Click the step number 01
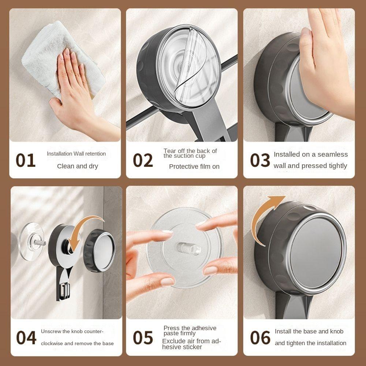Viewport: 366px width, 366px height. (x=26, y=160)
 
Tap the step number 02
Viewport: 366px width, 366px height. (x=143, y=160)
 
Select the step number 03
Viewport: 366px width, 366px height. (x=260, y=160)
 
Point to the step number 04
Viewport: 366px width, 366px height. (x=26, y=337)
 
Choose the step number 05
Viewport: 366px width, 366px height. (x=143, y=337)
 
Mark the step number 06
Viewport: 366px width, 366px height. (x=260, y=337)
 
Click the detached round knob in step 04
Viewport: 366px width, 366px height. (x=99, y=250)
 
